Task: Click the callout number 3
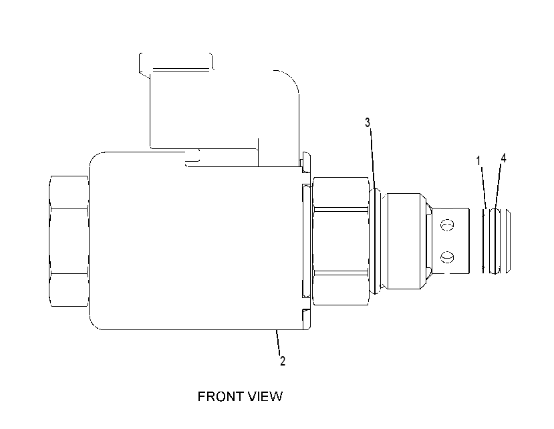368,123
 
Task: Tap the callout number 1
478,161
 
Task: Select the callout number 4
503,158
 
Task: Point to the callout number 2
282,361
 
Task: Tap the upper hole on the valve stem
447,225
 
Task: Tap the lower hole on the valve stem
447,257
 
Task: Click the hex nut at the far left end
69,241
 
